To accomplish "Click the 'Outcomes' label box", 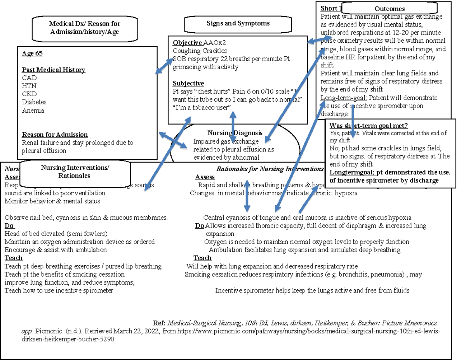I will pyautogui.click(x=389, y=9).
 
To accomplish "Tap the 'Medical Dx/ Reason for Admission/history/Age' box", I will pyautogui.click(x=84, y=28).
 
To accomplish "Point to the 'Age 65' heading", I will pyautogui.click(x=32, y=54).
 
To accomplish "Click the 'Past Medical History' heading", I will pyautogui.click(x=53, y=70).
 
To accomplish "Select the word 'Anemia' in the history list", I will pyautogui.click(x=33, y=111).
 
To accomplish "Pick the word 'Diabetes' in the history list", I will pyautogui.click(x=34, y=102).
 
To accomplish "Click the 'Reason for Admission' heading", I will pyautogui.click(x=55, y=135).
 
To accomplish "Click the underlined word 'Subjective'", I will pyautogui.click(x=188, y=83).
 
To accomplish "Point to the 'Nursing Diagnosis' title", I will pyautogui.click(x=235, y=133).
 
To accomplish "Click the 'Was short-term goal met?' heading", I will pyautogui.click(x=368, y=125).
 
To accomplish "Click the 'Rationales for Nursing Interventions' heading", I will pyautogui.click(x=270, y=169).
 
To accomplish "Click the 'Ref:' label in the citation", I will pyautogui.click(x=159, y=323).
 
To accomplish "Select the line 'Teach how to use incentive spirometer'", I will pyautogui.click(x=59, y=290).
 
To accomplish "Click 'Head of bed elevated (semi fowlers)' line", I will pyautogui.click(x=56, y=234).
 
